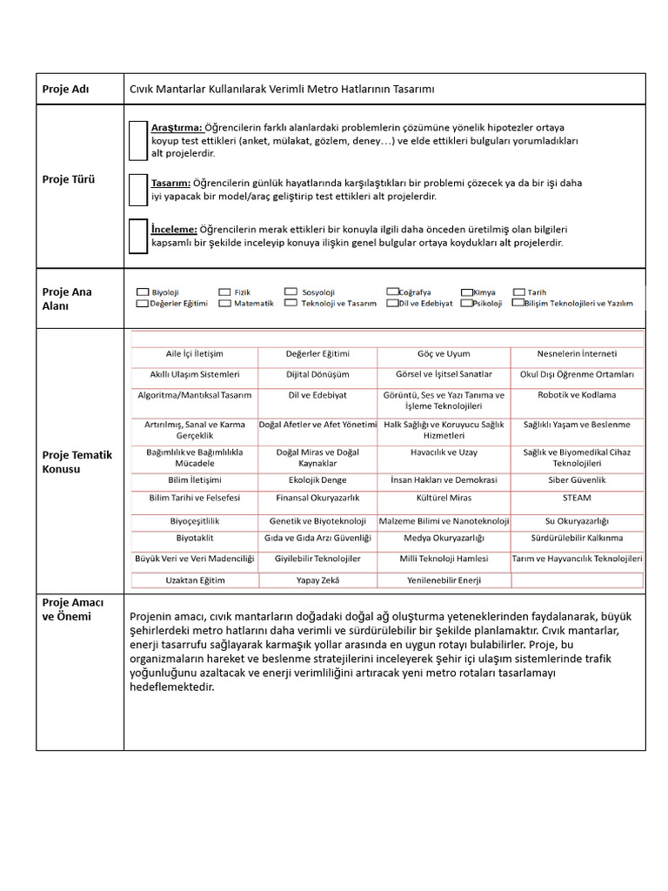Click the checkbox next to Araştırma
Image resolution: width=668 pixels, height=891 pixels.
(x=137, y=141)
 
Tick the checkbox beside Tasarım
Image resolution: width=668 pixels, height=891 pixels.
(x=137, y=189)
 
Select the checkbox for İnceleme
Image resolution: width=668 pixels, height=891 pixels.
(x=137, y=236)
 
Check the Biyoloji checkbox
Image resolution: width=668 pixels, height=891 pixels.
(x=142, y=292)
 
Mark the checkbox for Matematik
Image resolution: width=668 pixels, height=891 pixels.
(x=224, y=304)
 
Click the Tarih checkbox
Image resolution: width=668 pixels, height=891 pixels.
(x=519, y=292)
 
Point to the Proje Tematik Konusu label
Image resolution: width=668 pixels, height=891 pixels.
(x=77, y=461)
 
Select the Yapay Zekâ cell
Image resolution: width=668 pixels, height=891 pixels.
(x=317, y=579)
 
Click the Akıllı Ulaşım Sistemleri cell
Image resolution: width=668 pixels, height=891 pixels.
(x=194, y=374)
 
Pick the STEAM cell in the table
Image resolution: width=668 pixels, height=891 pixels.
(x=577, y=498)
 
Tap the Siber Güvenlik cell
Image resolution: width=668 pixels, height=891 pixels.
(x=577, y=479)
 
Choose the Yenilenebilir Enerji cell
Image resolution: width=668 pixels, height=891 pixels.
(x=444, y=579)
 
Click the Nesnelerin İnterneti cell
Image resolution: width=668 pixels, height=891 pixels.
(x=577, y=354)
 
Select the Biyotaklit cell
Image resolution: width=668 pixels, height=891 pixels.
(x=194, y=539)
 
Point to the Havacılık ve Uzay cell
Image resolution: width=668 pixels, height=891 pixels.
(x=444, y=452)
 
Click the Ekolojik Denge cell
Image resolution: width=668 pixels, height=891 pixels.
(x=317, y=479)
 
